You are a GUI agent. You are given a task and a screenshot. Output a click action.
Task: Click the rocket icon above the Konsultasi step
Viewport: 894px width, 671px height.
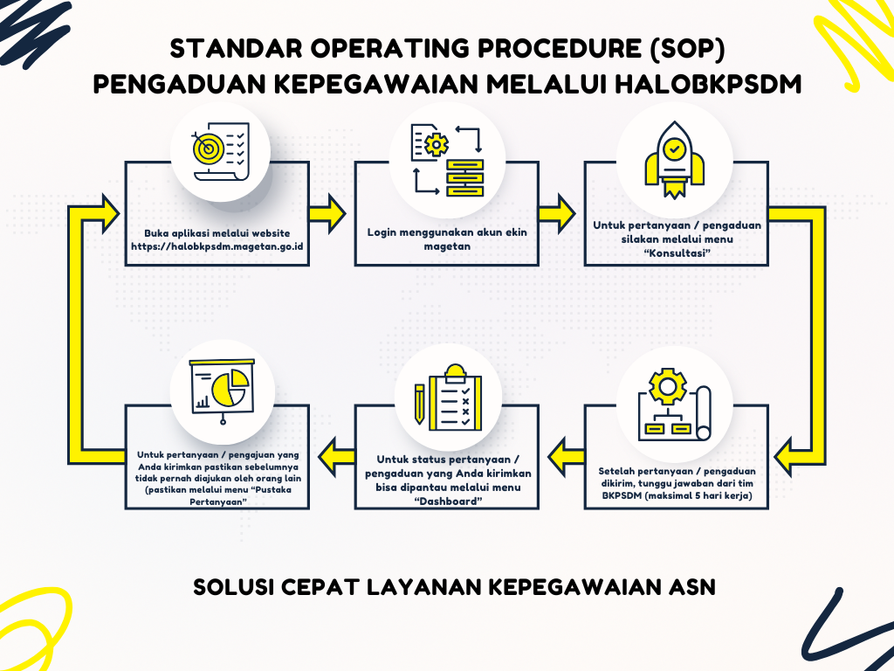(x=675, y=160)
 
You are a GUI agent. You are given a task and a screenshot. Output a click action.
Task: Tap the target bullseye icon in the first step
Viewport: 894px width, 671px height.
(x=209, y=148)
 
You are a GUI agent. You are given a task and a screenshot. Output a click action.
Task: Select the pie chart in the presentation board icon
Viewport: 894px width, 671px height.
(x=230, y=387)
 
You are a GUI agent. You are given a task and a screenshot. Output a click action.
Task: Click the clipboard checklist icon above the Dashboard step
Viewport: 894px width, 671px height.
(x=455, y=398)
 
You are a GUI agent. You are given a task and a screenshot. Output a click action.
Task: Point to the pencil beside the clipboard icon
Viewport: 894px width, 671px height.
(x=420, y=404)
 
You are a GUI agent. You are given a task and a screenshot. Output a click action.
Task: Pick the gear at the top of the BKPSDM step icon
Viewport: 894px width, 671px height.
(x=668, y=387)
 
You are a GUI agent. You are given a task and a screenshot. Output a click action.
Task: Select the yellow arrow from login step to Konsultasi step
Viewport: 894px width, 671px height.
(x=557, y=214)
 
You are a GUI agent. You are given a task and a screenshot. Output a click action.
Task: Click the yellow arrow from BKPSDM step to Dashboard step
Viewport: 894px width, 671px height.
(x=566, y=456)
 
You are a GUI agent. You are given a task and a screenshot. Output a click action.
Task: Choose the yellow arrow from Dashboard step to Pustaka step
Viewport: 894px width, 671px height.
(x=336, y=456)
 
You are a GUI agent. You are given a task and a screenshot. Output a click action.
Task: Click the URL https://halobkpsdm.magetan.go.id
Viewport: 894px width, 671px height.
(x=217, y=247)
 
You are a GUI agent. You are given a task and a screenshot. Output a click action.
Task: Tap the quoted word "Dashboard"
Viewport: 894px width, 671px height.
(x=448, y=502)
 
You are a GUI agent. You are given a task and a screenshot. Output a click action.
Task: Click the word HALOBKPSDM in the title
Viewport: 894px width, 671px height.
(x=708, y=85)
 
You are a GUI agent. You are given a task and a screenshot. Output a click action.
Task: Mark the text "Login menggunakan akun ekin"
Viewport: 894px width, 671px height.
(x=447, y=232)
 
